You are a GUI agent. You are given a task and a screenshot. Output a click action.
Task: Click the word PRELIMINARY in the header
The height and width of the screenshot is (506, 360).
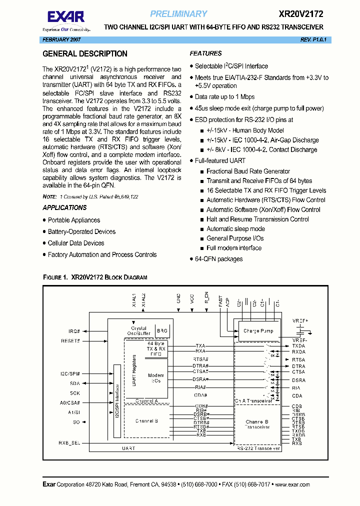coord(178,14)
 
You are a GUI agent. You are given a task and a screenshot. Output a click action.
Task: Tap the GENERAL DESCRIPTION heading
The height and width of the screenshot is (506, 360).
coord(85,53)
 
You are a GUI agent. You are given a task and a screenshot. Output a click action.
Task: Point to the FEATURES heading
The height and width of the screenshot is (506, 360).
coord(205,53)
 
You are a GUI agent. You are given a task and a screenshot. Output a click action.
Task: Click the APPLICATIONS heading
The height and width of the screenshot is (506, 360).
coord(64,207)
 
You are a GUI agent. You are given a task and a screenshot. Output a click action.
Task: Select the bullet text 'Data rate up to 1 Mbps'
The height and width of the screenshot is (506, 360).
coord(224,97)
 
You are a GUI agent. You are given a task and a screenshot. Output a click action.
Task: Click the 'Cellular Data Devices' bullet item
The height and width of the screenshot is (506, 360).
coord(76,243)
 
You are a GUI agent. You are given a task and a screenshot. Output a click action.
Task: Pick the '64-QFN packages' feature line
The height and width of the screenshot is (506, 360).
coord(218,259)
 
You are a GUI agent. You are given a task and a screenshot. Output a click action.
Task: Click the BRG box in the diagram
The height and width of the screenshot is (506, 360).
coord(162,331)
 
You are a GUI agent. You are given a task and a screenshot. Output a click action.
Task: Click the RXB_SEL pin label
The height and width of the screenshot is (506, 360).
coord(69,442)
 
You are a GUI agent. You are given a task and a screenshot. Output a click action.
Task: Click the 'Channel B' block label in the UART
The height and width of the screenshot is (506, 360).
coord(146,421)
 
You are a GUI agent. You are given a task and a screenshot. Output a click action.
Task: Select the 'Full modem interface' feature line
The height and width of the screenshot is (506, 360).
coord(233,248)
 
